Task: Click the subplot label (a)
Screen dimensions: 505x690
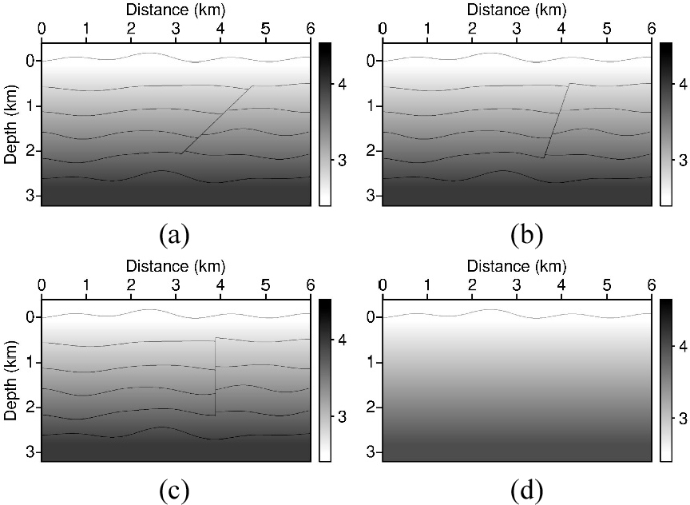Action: click(x=174, y=235)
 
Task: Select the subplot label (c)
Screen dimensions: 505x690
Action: click(x=174, y=490)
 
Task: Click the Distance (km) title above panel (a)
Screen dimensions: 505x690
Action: click(x=175, y=10)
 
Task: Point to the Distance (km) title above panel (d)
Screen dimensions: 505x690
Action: click(x=516, y=265)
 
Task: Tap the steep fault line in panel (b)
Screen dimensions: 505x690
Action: click(x=557, y=120)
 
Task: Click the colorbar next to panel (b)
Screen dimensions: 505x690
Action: click(x=665, y=124)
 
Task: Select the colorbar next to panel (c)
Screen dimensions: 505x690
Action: click(x=324, y=380)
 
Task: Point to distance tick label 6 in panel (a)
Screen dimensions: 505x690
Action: click(x=310, y=30)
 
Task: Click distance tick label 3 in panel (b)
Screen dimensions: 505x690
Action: click(x=517, y=30)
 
